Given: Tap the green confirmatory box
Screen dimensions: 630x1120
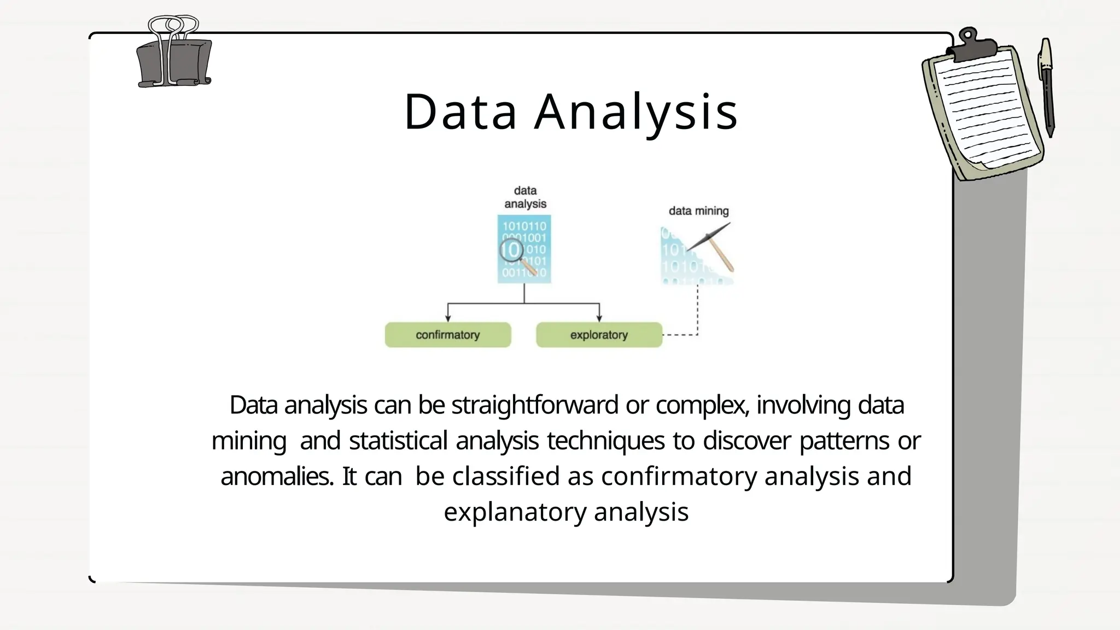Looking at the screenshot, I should coord(448,335).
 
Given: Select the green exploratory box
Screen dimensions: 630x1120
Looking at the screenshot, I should coord(599,335).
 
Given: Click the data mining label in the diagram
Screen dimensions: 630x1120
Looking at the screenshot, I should coord(698,211).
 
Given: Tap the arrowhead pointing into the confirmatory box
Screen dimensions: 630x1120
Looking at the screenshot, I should coord(448,318).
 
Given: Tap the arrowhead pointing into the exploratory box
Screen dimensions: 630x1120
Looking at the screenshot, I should coord(599,318).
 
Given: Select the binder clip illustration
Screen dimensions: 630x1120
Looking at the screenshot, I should coord(173,55).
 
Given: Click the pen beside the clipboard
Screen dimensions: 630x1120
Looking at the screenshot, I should coord(1047,87).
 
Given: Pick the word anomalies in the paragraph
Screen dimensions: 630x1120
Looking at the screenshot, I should coord(277,476).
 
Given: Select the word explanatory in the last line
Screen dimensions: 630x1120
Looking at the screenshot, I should coord(515,512).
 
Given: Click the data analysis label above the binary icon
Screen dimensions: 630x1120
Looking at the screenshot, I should coord(525,197).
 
